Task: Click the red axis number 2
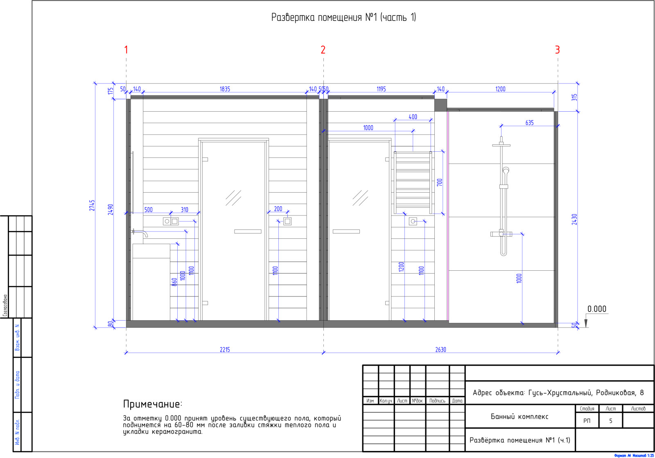[323, 50]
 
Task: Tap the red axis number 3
[557, 50]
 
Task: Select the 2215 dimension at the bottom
[225, 350]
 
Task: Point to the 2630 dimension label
[440, 350]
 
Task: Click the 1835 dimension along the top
[225, 89]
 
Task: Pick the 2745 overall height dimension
[92, 205]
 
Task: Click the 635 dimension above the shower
[530, 123]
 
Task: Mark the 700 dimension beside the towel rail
[440, 182]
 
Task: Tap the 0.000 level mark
[597, 309]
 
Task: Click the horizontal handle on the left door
[248, 231]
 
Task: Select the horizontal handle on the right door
[346, 231]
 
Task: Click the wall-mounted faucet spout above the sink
[140, 233]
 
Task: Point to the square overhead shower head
[501, 145]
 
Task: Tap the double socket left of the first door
[171, 221]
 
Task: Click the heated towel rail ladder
[413, 182]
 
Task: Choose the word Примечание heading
[152, 404]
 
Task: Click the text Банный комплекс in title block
[519, 417]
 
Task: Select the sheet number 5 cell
[610, 421]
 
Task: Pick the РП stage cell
[587, 421]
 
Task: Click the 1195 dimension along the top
[381, 89]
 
